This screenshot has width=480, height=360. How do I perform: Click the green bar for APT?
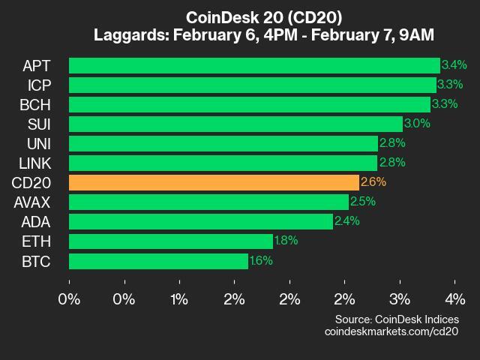[254, 65]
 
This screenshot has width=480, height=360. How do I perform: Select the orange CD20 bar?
[214, 182]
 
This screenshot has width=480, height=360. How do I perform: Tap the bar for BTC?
[158, 261]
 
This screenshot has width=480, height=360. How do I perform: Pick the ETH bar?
[170, 241]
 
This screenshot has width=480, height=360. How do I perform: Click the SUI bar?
[235, 124]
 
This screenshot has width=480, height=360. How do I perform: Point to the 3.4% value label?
[454, 65]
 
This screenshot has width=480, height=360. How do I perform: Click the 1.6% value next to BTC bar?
[261, 261]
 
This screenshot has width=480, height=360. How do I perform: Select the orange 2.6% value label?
[373, 182]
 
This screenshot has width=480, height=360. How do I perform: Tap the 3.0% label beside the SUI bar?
[416, 124]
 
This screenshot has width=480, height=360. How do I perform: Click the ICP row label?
[39, 85]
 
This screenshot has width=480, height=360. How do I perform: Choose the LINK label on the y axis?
[36, 163]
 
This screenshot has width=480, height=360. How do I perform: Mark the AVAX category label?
[32, 202]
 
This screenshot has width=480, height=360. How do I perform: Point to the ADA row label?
[37, 221]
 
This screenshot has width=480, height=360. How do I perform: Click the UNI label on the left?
[38, 143]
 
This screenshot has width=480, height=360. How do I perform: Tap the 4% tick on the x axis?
[454, 299]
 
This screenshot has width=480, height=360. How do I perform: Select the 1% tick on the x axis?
[179, 299]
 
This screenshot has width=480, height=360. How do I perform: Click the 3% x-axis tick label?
[400, 299]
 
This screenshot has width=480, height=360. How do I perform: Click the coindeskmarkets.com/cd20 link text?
[391, 331]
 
